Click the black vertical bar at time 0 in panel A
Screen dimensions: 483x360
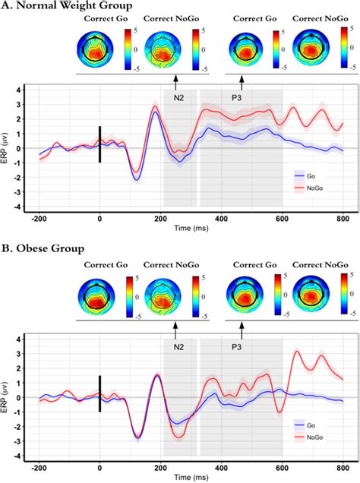pyautogui.click(x=99, y=144)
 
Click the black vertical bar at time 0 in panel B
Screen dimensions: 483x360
pyautogui.click(x=99, y=393)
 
